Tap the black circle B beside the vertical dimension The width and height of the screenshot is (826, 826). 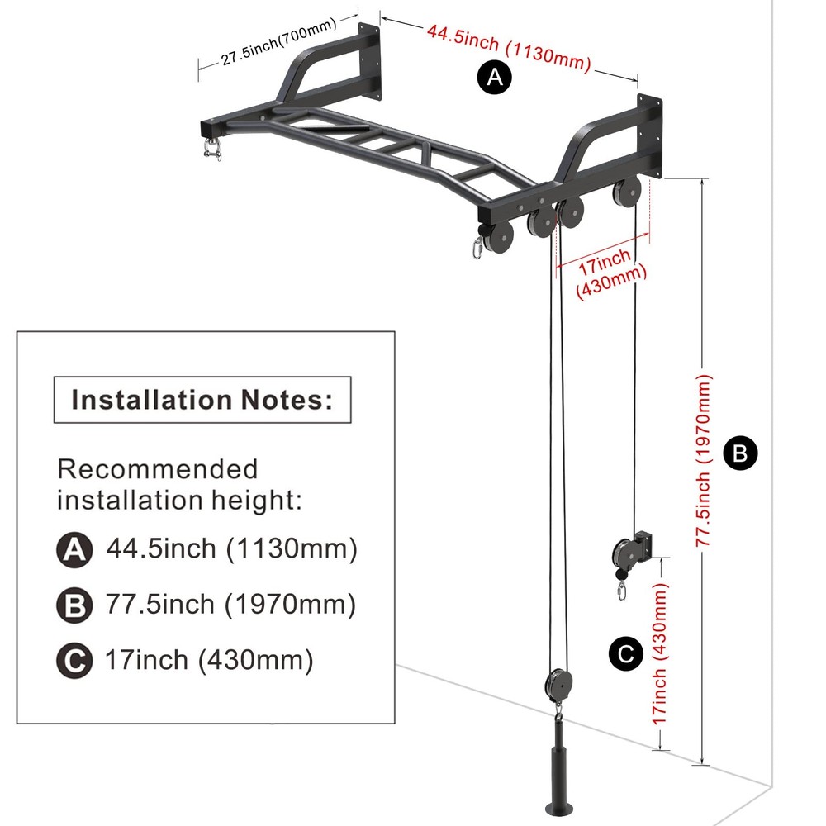click(740, 453)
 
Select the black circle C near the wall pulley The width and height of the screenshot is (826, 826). click(625, 654)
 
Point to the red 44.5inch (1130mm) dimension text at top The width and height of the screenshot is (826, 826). click(509, 48)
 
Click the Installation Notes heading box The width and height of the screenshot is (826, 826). click(202, 400)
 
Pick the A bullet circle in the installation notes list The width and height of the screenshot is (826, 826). click(74, 549)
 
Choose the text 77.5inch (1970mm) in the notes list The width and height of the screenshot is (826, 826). click(230, 605)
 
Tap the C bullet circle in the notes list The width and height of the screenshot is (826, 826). click(74, 662)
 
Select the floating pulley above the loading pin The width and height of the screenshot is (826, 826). click(559, 685)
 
